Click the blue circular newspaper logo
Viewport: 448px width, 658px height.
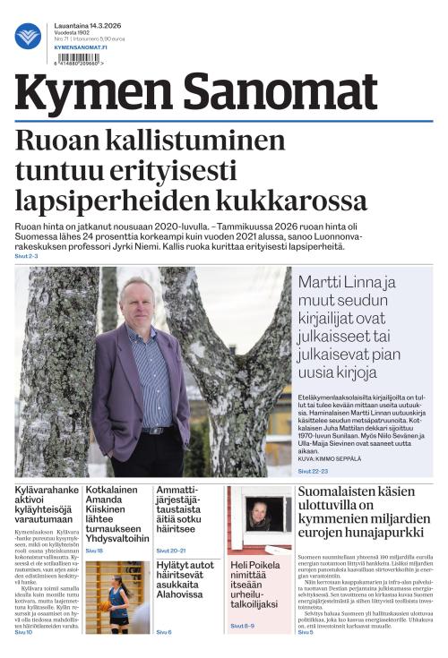28,35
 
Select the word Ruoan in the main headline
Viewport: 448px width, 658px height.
61,142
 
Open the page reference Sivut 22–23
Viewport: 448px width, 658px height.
313,470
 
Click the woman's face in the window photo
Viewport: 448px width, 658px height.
260,513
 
